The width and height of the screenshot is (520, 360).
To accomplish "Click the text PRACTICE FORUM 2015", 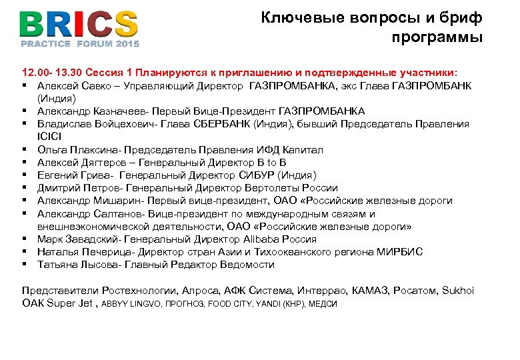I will (x=80, y=44).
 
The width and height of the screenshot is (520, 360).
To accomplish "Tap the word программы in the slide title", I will (x=437, y=37).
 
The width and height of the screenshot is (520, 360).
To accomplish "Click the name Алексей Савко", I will (x=73, y=85).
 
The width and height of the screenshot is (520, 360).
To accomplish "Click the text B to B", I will (x=273, y=163).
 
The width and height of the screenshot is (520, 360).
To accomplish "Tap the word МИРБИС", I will (x=401, y=252).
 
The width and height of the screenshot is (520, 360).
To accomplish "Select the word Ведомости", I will (x=247, y=265).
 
